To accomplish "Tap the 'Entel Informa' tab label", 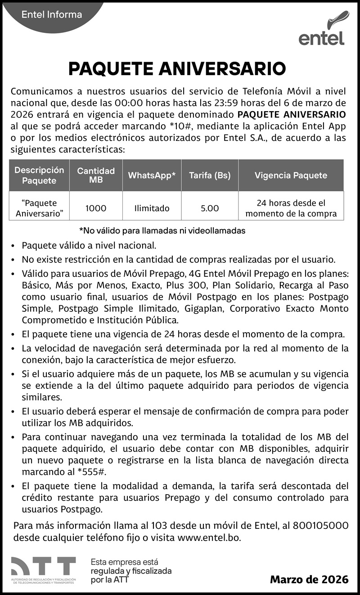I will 52,15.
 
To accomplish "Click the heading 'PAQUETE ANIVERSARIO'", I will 177,69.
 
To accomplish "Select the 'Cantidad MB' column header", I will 96,175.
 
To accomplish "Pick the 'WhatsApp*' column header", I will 152,175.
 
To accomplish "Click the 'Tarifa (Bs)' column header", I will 210,175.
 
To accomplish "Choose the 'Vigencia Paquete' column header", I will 291,175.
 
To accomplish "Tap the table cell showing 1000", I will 96,208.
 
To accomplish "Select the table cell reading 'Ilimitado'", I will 152,208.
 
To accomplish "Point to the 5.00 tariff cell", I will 210,208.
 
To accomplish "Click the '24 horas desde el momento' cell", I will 291,208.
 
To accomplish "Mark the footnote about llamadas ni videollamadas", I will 162,230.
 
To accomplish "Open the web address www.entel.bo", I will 209,537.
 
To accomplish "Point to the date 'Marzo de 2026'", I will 309,579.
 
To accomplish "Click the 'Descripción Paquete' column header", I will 39,175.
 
